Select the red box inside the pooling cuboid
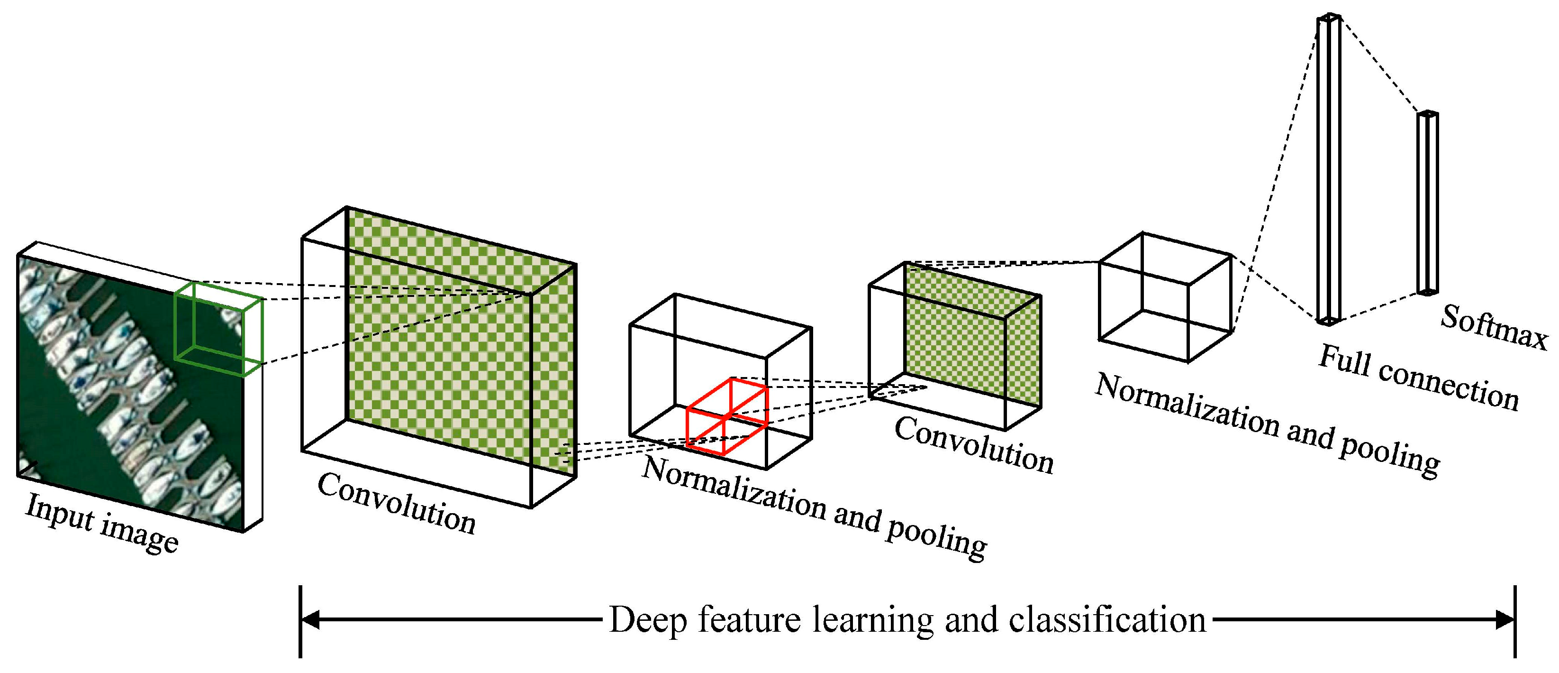[x=726, y=417]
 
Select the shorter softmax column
[x=1427, y=203]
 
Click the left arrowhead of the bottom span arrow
[x=310, y=620]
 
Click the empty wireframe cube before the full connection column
[x=1165, y=297]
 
